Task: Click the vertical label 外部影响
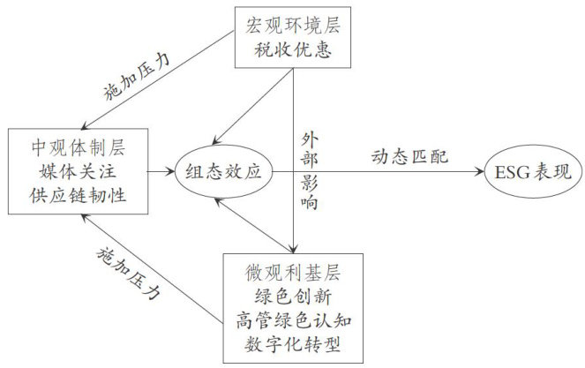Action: coord(307,171)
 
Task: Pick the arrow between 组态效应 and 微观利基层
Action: coord(252,224)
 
